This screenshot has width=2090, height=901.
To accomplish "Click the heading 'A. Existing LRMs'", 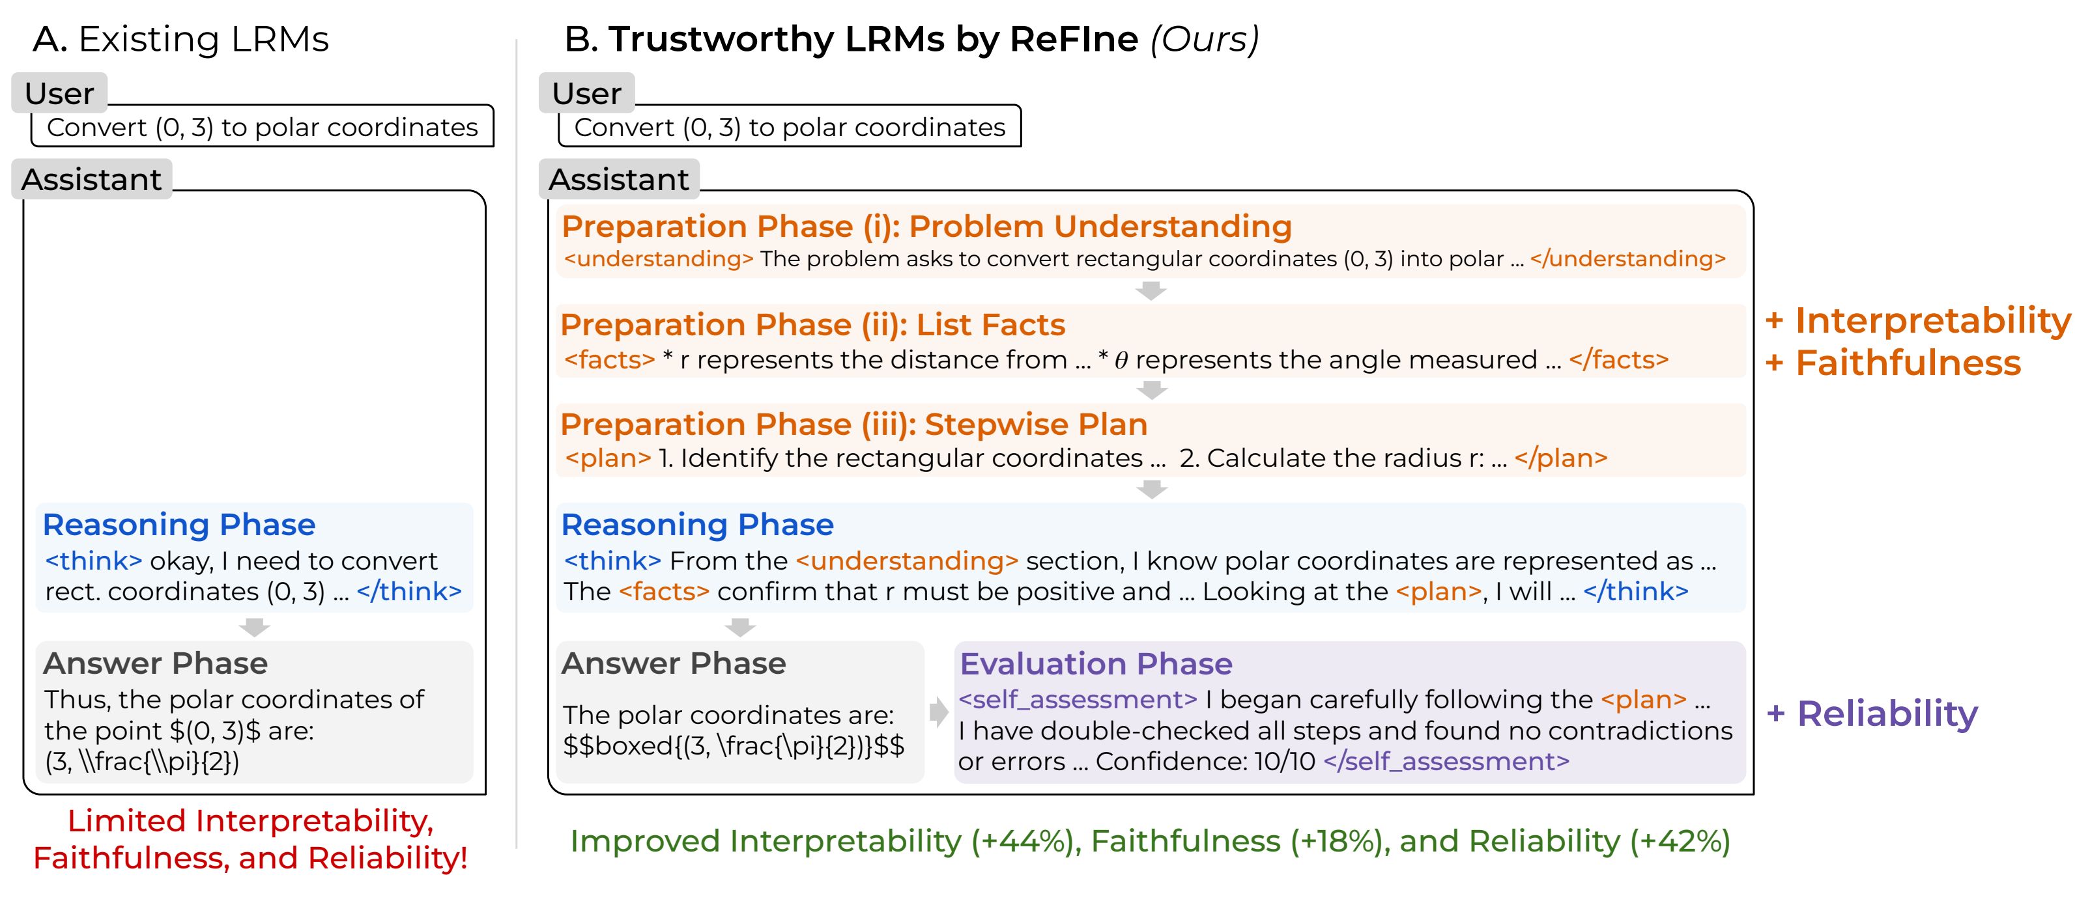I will tap(180, 39).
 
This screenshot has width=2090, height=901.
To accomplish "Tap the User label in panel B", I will tap(586, 93).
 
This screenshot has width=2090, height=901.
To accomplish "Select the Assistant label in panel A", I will tap(91, 179).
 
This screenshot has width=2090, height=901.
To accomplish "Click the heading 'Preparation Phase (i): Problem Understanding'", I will tap(926, 227).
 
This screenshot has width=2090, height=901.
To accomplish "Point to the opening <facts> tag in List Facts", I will tap(609, 359).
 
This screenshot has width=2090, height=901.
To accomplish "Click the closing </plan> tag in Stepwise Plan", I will tap(1560, 458).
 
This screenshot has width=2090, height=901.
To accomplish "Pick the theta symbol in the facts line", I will tap(1121, 361).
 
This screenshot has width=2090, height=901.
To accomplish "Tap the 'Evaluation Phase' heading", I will tap(1095, 663).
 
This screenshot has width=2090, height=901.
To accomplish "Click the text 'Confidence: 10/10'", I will tap(1205, 762).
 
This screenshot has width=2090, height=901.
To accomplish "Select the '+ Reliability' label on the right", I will tap(1872, 714).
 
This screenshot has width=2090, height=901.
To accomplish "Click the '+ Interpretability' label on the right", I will tap(1918, 320).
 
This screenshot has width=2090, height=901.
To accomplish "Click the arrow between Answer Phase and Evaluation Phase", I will tap(939, 712).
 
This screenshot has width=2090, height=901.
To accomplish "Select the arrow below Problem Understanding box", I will tap(1151, 290).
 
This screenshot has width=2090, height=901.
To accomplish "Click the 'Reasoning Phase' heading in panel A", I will tap(179, 525).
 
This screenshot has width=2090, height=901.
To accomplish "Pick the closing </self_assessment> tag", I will tap(1446, 762).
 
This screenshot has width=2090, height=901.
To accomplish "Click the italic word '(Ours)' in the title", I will tap(1204, 39).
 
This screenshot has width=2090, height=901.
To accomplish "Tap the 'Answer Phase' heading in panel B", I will tap(674, 663).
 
